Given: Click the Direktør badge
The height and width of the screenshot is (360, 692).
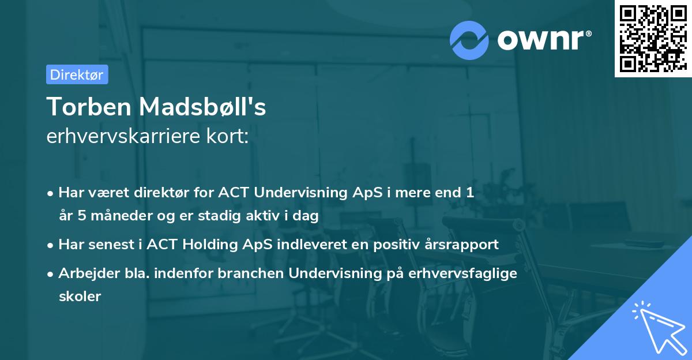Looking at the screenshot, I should tap(77, 74).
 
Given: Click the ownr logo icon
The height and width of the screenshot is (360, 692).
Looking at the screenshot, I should tap(469, 40).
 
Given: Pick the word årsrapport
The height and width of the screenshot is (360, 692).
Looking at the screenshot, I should tap(462, 245).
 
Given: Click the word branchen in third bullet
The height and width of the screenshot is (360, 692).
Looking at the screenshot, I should tap(255, 273).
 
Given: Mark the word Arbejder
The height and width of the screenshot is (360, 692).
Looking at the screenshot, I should tap(84, 273).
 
